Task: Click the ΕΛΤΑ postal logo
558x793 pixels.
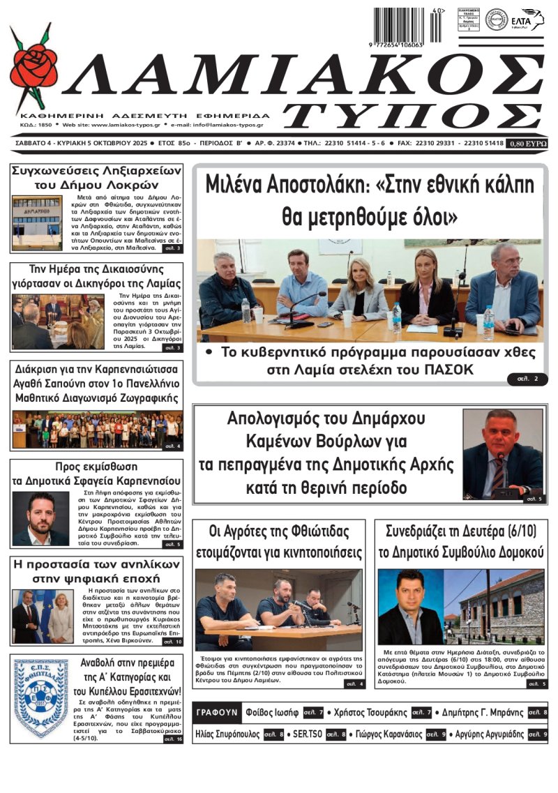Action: (528, 20)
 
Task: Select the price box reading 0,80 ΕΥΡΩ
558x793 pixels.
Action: (528, 143)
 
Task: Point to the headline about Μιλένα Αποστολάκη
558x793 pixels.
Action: (370, 201)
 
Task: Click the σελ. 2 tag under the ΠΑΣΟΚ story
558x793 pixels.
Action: (527, 378)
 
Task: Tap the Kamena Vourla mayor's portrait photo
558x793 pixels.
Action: (502, 453)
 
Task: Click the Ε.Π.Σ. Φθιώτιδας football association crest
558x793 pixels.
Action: (41, 697)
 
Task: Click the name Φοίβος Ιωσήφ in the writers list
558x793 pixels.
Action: (272, 713)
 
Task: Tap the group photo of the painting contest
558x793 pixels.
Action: (97, 430)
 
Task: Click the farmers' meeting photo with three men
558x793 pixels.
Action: (278, 610)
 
